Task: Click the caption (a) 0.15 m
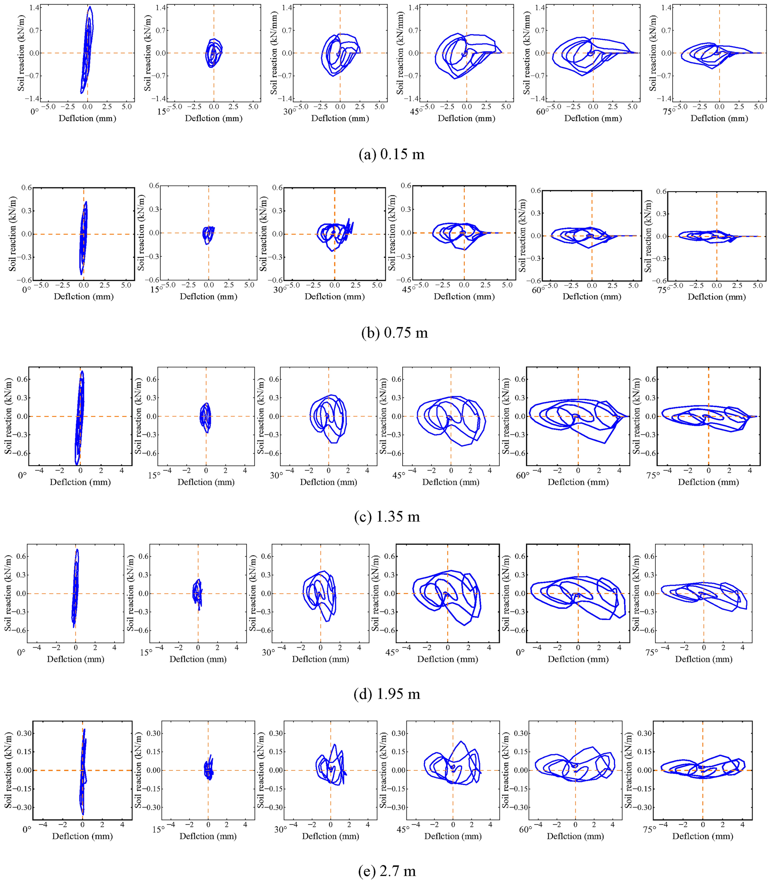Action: tap(391, 154)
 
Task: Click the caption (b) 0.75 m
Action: tap(394, 332)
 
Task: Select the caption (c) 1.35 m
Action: tap(387, 516)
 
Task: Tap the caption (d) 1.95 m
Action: tap(387, 694)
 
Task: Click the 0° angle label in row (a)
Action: tap(35, 111)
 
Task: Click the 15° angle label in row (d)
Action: tap(147, 652)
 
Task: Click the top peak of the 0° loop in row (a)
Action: tap(90, 7)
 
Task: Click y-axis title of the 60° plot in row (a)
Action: tap(527, 53)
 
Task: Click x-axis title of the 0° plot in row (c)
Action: tap(80, 482)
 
